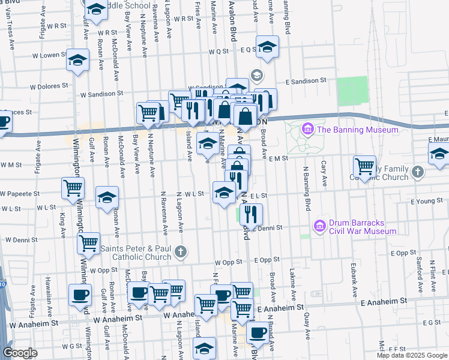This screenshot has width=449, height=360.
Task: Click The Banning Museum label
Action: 357,130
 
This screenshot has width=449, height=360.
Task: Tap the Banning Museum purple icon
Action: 308,129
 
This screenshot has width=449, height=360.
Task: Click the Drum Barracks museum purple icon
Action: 319,226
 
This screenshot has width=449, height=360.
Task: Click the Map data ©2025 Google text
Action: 411,355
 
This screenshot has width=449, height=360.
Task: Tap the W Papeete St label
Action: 20,194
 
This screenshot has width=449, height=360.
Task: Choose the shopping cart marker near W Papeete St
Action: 73,188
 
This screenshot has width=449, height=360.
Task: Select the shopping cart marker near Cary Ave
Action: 364,166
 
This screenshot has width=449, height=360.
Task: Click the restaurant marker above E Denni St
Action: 251,213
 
